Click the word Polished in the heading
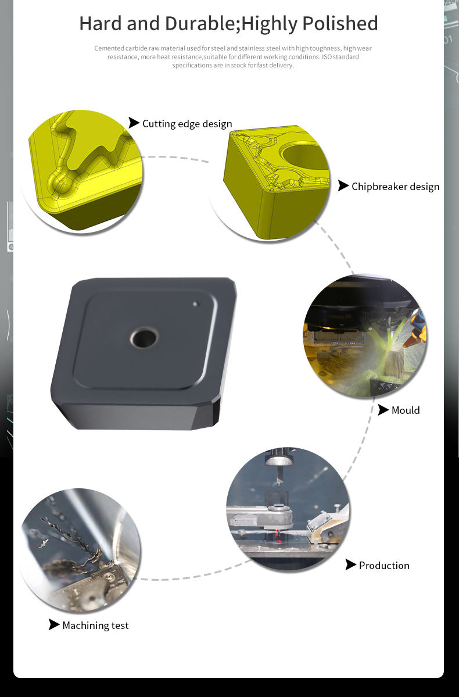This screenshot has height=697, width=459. coord(340,24)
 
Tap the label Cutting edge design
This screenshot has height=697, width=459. coord(187,124)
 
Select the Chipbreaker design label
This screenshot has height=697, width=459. coord(396,187)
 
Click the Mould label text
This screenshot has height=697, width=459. coord(406,410)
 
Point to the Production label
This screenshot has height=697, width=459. coord(385,566)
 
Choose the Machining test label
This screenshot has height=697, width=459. coord(95,625)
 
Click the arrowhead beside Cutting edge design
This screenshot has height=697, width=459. coord(134,123)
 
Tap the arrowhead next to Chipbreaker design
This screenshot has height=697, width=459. coord(343,186)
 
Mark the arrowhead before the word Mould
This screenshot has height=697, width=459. coord(383,410)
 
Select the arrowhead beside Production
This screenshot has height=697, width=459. coord(350,564)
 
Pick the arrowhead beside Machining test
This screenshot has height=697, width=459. coord(54,624)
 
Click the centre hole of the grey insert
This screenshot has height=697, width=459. coord(145,337)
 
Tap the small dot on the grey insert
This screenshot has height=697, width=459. coord(195,304)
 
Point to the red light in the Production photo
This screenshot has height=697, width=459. coord(278,532)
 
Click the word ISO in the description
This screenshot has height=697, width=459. coord(327,57)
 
